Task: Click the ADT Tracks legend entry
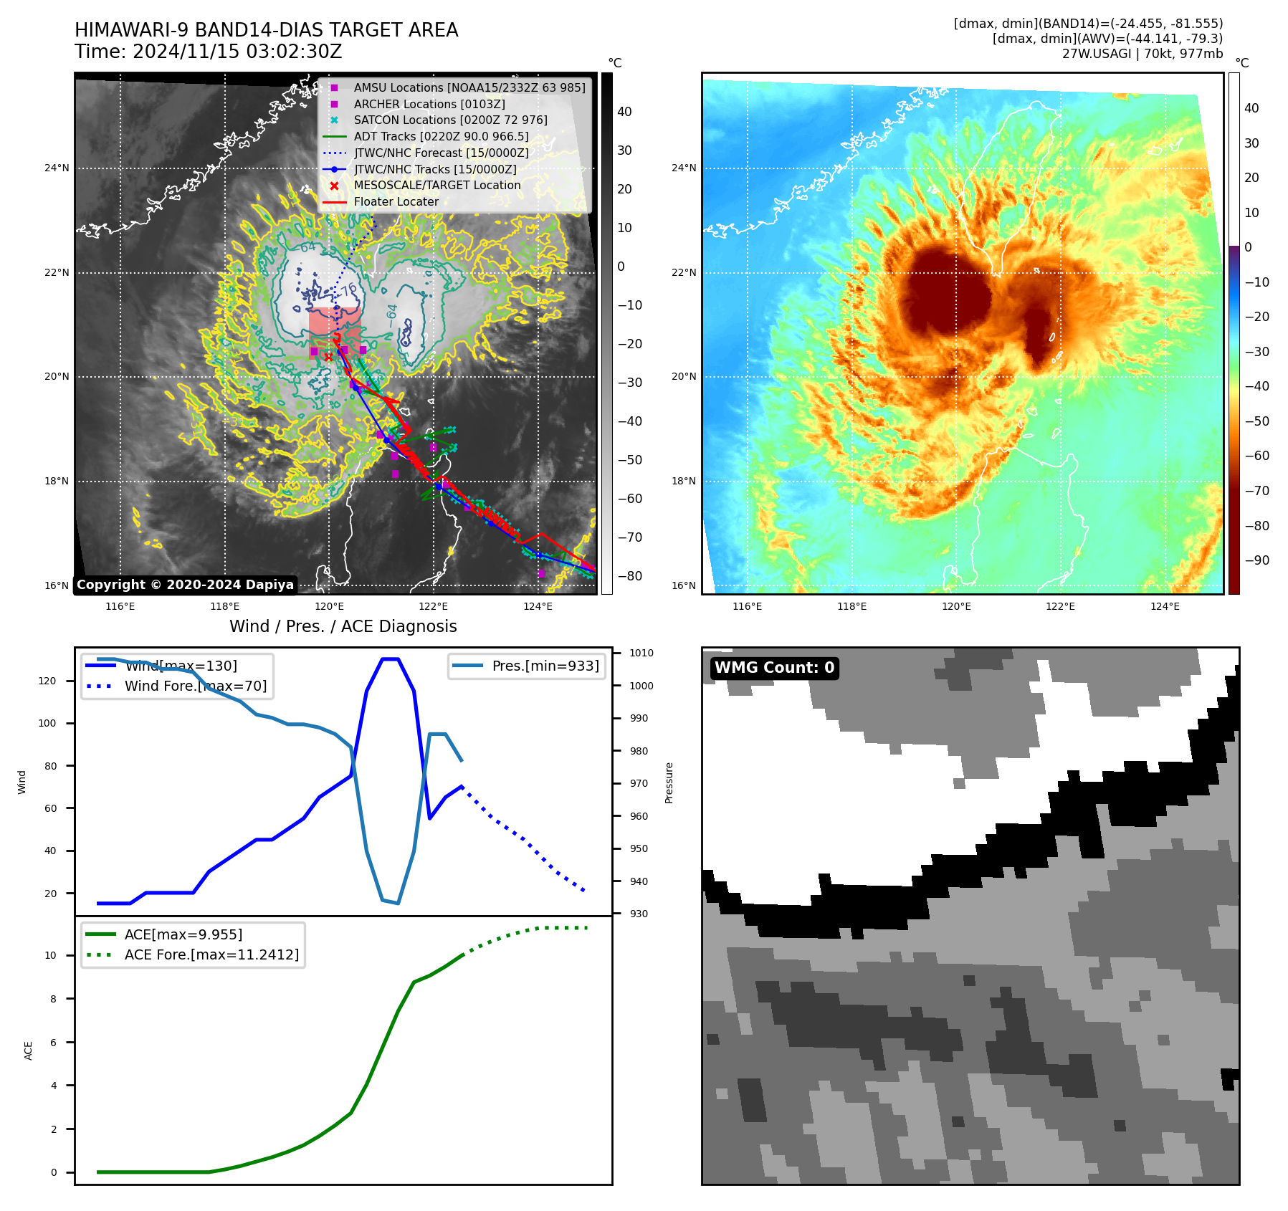[x=441, y=136]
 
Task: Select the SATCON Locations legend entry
[x=450, y=120]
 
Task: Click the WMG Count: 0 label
[x=774, y=668]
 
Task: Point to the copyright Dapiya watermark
[x=185, y=585]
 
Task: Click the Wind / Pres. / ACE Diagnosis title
[x=343, y=626]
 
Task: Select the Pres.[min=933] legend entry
[x=545, y=666]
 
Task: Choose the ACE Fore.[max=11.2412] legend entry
[x=211, y=954]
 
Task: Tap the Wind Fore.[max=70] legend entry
[x=195, y=686]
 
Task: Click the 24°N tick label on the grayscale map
[x=57, y=168]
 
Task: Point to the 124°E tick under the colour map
[x=1165, y=606]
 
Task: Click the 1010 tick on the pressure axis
[x=641, y=653]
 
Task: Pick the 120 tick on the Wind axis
[x=47, y=681]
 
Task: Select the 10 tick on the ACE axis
[x=50, y=955]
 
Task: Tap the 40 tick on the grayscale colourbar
[x=624, y=112]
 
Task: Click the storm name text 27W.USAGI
[x=1096, y=54]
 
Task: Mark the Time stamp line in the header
[x=208, y=52]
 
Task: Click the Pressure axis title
[x=669, y=782]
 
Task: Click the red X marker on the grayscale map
[x=328, y=356]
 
